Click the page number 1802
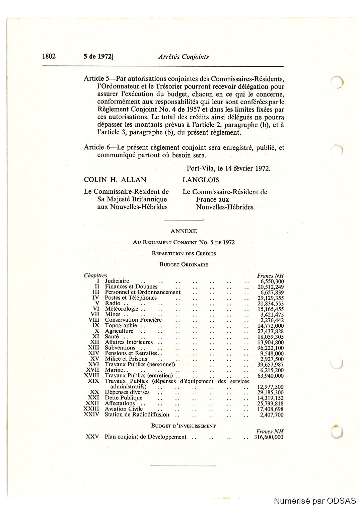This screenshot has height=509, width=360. point(49,56)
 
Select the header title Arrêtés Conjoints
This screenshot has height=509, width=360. point(184,57)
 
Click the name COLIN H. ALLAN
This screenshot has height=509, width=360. point(115,180)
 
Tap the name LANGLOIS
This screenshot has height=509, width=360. point(201,180)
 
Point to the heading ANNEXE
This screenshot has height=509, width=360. point(184,231)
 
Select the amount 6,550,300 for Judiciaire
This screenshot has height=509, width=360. point(272,281)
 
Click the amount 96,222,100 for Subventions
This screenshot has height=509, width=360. point(270,348)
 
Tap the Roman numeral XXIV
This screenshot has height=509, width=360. point(91,415)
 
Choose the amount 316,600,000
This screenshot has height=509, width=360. point(269,437)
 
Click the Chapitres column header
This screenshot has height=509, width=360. point(95,275)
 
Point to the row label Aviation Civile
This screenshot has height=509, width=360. point(124,409)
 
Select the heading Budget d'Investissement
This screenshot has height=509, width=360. point(183,426)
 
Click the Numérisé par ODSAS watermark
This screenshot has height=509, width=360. point(315,501)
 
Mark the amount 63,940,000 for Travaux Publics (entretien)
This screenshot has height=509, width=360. point(270,376)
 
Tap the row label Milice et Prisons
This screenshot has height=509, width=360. point(126,359)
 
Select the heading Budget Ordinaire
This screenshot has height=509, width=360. point(184,265)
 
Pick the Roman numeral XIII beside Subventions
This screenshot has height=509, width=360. point(93,348)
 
